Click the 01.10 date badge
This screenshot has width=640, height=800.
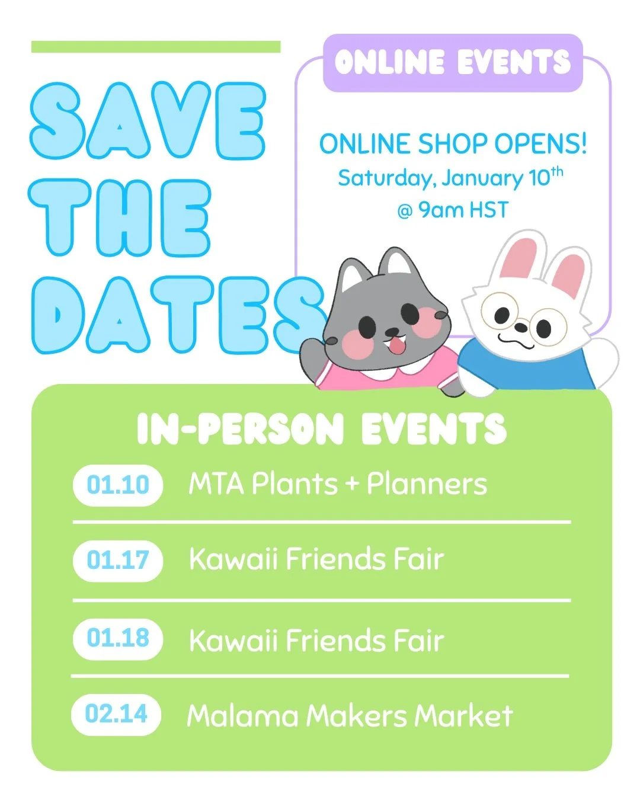pyautogui.click(x=117, y=485)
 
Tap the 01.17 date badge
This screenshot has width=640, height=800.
pyautogui.click(x=117, y=560)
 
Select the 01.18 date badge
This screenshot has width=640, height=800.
pyautogui.click(x=117, y=639)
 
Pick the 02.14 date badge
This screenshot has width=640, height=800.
pyautogui.click(x=116, y=714)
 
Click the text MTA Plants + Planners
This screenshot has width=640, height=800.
pyautogui.click(x=337, y=484)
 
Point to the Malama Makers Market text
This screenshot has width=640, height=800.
pyautogui.click(x=349, y=716)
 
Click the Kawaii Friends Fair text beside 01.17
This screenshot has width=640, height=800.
pyautogui.click(x=316, y=559)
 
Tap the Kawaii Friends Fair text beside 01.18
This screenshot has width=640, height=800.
pyautogui.click(x=316, y=641)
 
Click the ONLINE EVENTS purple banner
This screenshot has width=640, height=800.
pyautogui.click(x=453, y=63)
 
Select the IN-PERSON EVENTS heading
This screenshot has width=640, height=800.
pyautogui.click(x=321, y=428)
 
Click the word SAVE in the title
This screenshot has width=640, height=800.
pyautogui.click(x=148, y=121)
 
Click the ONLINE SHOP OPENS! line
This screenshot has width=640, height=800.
pyautogui.click(x=453, y=144)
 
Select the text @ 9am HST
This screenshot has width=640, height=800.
pyautogui.click(x=453, y=210)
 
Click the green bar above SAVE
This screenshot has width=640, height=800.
pyautogui.click(x=155, y=47)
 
